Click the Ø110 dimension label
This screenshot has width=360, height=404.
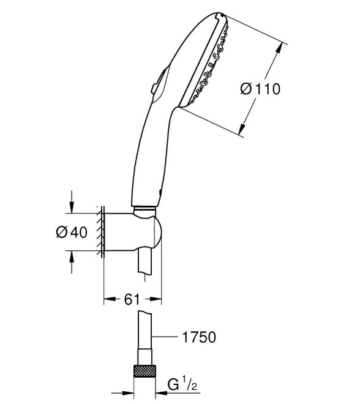(260, 89)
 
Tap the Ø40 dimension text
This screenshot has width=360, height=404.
(72, 232)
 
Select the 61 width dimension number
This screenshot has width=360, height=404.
(132, 299)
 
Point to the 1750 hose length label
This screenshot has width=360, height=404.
(199, 337)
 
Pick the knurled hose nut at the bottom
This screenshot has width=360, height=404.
(144, 371)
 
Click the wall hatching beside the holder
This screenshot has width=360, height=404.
(100, 232)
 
